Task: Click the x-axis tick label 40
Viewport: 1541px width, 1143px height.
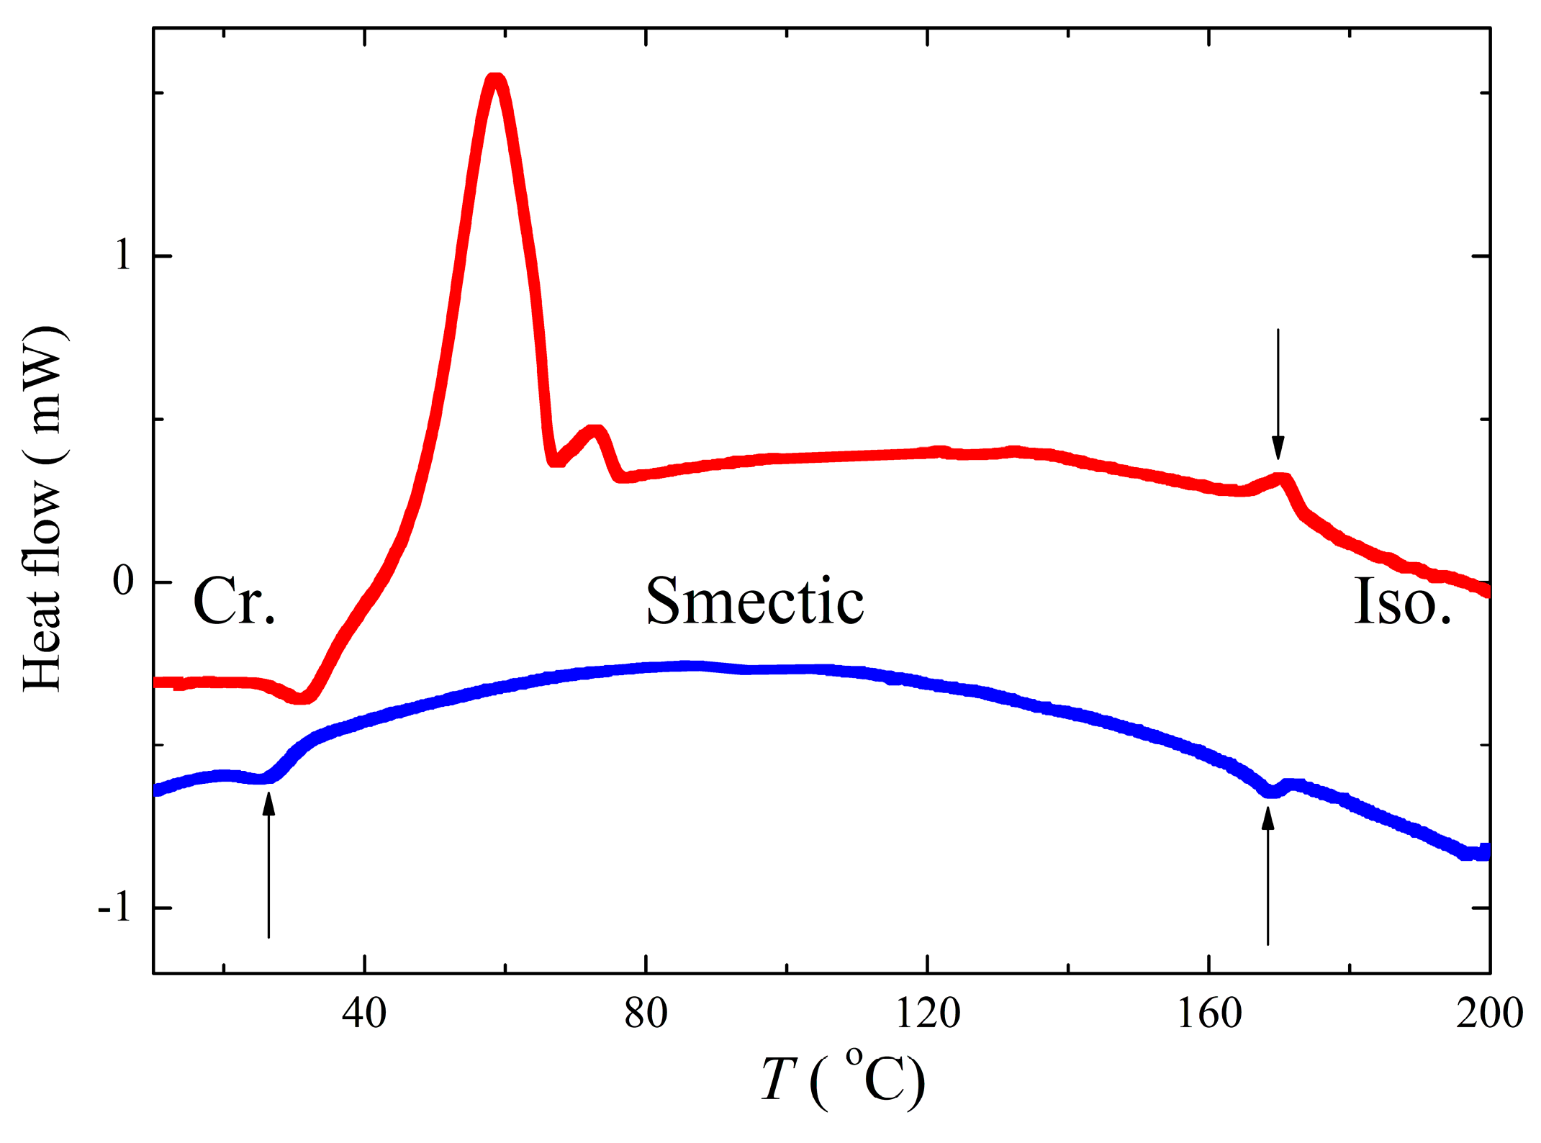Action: pos(364,1014)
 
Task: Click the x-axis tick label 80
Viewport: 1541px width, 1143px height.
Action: pos(646,1014)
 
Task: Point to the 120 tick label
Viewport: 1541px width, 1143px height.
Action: pos(927,1014)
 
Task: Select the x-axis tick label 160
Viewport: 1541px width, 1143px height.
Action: pos(1208,1014)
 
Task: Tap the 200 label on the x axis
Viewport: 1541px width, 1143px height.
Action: pos(1489,1014)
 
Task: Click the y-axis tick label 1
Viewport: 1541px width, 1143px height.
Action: pos(123,256)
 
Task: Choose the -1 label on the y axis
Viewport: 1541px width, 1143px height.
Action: pos(115,908)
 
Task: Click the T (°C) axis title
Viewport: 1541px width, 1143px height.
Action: pos(842,1080)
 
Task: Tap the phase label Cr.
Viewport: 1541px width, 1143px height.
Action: pos(235,601)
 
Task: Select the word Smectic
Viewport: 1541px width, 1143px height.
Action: pos(754,601)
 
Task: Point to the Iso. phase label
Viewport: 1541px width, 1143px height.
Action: pos(1402,601)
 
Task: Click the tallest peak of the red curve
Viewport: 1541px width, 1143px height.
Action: pos(495,78)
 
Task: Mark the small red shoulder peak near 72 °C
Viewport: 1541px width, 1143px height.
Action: pos(595,431)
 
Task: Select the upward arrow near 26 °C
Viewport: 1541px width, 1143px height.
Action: pos(268,864)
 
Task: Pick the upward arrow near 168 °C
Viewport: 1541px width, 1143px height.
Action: pos(1267,875)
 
